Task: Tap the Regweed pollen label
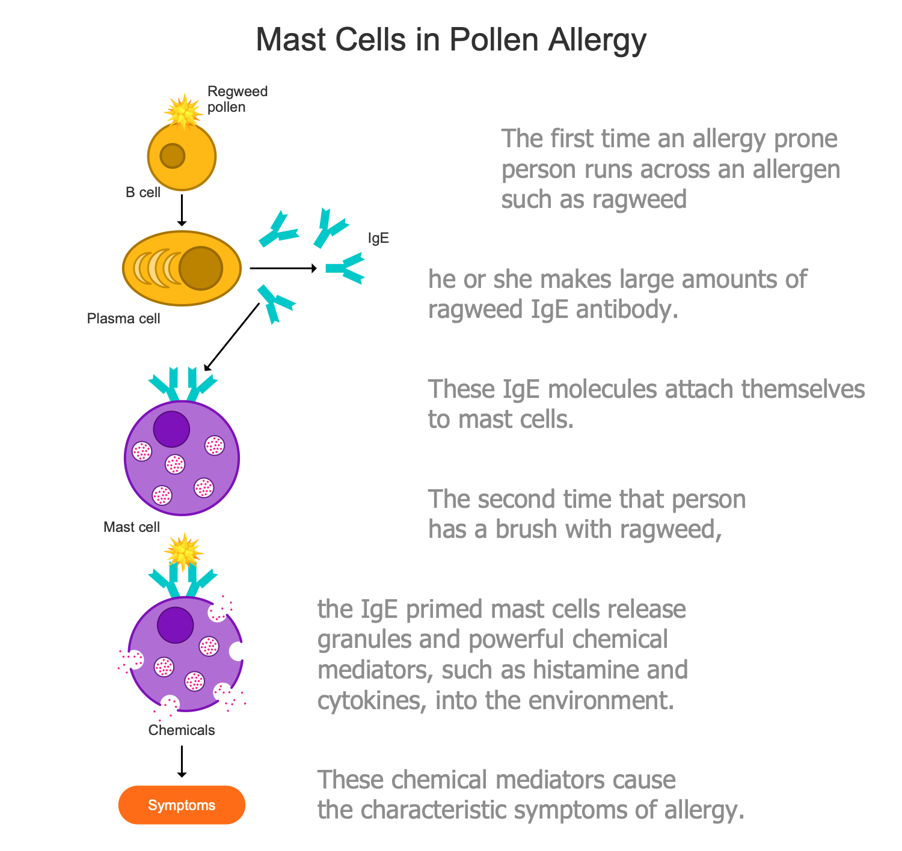[x=237, y=99]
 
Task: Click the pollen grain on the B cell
[x=183, y=111]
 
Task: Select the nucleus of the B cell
[x=172, y=156]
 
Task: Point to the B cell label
[x=143, y=193]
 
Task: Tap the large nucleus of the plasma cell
[x=201, y=268]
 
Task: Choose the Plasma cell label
[x=123, y=319]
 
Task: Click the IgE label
[x=378, y=239]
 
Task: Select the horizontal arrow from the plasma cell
[x=283, y=268]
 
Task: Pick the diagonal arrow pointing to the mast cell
[x=232, y=337]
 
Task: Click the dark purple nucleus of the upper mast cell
[x=171, y=429]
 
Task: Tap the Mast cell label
[x=131, y=528]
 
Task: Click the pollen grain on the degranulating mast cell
[x=183, y=551]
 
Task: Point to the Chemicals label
[x=181, y=730]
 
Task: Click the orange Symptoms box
[x=182, y=805]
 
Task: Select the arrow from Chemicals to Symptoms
[x=182, y=761]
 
